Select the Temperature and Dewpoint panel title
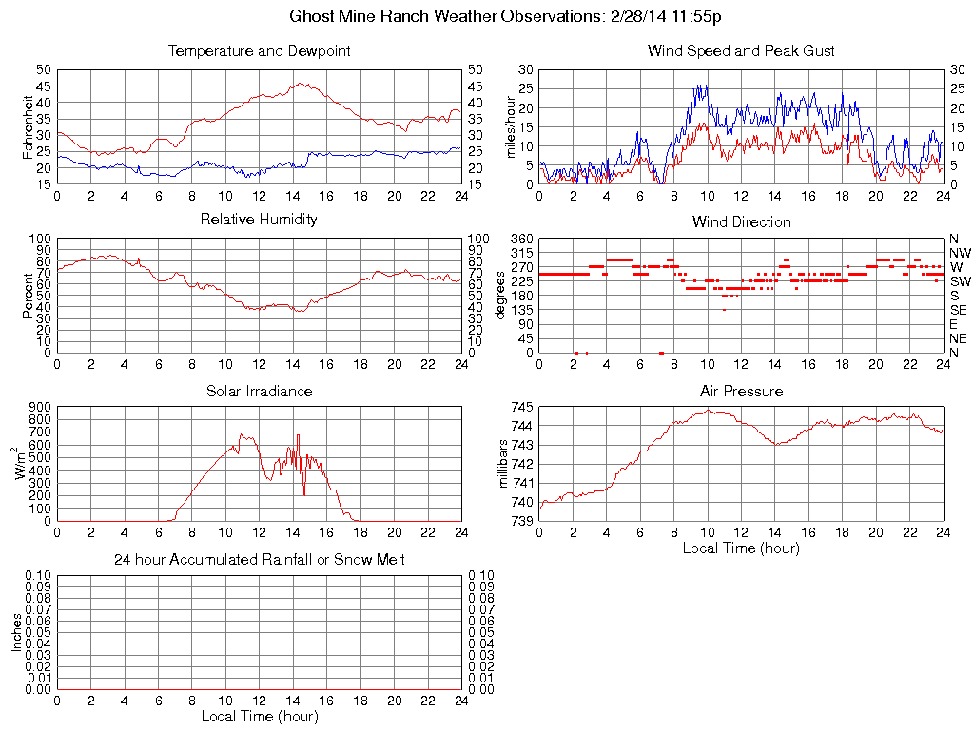pos(259,50)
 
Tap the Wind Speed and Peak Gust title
pos(741,50)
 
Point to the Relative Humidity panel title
pos(259,220)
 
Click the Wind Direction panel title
pos(741,221)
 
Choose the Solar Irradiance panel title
pos(259,391)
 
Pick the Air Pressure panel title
pos(741,391)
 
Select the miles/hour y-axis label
pos(509,127)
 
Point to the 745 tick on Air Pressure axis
pos(521,407)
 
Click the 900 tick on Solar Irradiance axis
pos(40,407)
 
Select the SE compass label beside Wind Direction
pos(959,310)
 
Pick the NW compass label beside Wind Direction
pos(960,253)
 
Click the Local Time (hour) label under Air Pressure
pos(741,547)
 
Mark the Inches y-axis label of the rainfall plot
pos(16,632)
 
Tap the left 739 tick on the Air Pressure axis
pos(521,521)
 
